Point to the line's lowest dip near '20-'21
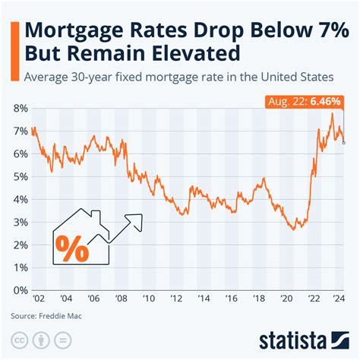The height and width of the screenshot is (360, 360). click(295, 229)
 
